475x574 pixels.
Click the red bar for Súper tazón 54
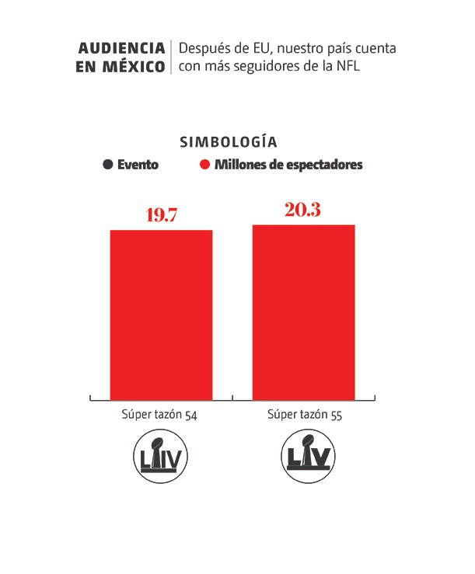click(x=161, y=315)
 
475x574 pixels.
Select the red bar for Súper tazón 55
click(x=303, y=311)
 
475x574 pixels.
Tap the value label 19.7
click(x=162, y=215)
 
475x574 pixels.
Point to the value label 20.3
click(x=303, y=209)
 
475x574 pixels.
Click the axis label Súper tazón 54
click(x=159, y=415)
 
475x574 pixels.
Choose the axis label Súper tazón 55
click(x=305, y=415)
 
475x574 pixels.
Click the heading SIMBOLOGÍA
click(x=229, y=142)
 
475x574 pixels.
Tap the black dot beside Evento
click(x=107, y=165)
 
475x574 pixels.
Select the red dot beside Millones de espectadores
click(x=205, y=165)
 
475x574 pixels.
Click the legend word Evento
click(x=138, y=165)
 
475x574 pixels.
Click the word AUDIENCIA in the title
click(x=122, y=48)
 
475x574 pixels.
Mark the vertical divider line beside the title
click(x=171, y=57)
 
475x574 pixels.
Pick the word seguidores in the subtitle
click(x=256, y=67)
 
